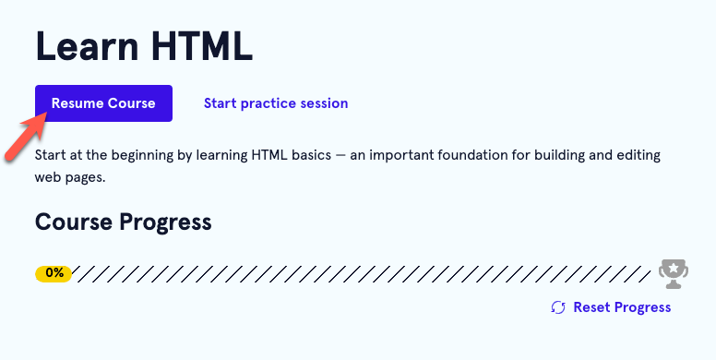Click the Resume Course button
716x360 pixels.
point(103,103)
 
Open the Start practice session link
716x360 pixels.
point(276,103)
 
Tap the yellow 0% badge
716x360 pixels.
point(54,273)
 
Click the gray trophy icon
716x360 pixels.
point(674,272)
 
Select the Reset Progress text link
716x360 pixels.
point(622,307)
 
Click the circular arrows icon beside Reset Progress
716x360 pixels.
point(557,307)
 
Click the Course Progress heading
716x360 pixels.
point(123,222)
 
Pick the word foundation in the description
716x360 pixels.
point(484,155)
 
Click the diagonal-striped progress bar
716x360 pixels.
point(360,273)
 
